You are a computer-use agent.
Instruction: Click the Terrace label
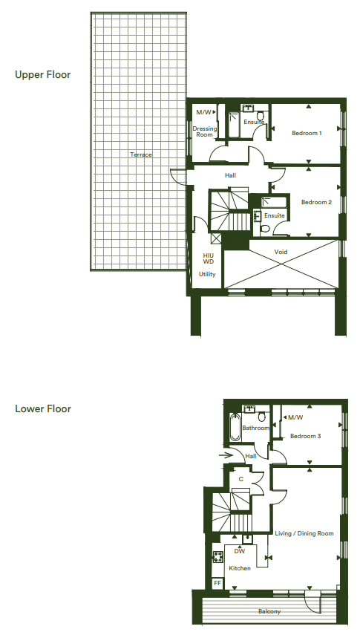[x=141, y=154]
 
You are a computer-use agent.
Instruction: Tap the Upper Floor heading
[x=43, y=75]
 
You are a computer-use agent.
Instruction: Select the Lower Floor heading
[x=43, y=408]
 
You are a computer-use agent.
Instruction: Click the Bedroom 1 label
[x=307, y=133]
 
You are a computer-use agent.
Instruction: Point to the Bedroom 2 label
[x=316, y=202]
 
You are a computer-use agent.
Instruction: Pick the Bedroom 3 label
[x=305, y=436]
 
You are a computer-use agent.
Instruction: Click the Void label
[x=281, y=252]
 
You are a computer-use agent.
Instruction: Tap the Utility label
[x=207, y=274]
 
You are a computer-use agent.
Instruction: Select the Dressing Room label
[x=205, y=131]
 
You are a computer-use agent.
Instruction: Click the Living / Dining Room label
[x=304, y=533]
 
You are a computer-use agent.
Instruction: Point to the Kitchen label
[x=240, y=568]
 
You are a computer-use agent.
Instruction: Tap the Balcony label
[x=269, y=611]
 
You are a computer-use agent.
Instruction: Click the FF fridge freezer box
[x=217, y=583]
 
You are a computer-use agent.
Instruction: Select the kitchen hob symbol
[x=217, y=557]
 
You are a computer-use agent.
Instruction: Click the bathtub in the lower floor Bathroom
[x=235, y=427]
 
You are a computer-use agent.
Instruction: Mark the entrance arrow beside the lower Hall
[x=226, y=455]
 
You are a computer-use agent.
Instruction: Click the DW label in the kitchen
[x=240, y=551]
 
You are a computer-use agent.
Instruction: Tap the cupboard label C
[x=241, y=479]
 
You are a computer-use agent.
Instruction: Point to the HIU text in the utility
[x=208, y=255]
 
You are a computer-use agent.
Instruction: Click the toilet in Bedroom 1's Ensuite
[x=261, y=115]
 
